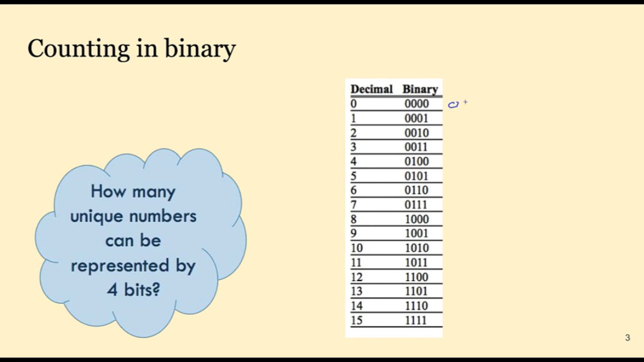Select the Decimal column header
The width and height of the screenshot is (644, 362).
pos(371,89)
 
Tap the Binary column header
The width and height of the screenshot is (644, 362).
pos(420,89)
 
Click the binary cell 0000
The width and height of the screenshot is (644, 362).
pos(417,104)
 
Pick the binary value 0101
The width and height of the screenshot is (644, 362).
pos(417,176)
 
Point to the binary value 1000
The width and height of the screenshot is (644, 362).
pos(417,219)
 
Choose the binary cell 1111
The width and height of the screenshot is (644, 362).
pos(417,320)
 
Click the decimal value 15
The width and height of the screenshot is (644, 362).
pos(356,320)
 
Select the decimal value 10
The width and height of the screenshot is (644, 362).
pos(356,248)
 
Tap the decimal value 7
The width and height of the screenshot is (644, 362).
pos(354,205)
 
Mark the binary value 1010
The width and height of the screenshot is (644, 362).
pos(417,248)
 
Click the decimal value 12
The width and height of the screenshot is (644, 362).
pos(356,277)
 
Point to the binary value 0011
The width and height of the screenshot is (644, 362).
pos(417,147)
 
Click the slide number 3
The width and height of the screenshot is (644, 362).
pos(627,338)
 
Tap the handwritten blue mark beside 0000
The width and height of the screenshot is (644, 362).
pos(453,105)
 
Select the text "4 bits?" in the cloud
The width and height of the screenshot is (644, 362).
pos(133,290)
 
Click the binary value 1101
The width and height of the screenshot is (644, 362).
pos(417,291)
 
